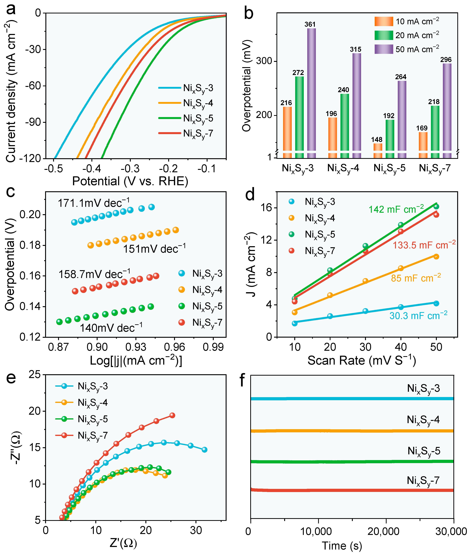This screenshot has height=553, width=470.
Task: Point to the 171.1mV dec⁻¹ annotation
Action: pyautogui.click(x=94, y=203)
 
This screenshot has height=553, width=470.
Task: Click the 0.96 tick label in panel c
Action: pyautogui.click(x=175, y=347)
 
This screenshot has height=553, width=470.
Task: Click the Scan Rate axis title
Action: pyautogui.click(x=362, y=360)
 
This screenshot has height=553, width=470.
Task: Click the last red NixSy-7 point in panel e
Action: pyautogui.click(x=172, y=415)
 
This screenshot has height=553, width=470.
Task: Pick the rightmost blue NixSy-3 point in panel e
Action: pyautogui.click(x=204, y=450)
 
